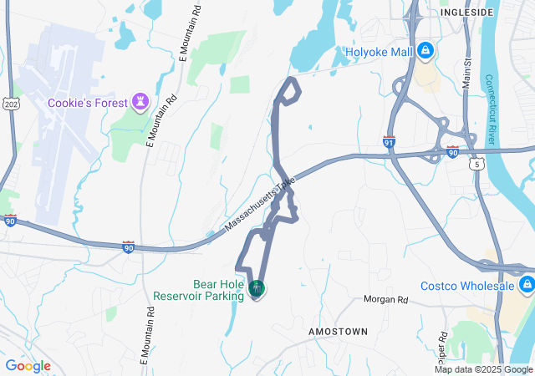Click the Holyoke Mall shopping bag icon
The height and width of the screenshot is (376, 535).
pos(425,52)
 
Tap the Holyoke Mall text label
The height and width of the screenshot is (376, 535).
pos(380,52)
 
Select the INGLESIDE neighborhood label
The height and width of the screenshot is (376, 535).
pos(466,13)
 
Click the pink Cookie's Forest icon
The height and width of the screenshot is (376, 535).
pos(140,103)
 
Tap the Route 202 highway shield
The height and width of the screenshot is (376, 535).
pos(10,104)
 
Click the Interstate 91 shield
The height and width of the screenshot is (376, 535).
pos(389,141)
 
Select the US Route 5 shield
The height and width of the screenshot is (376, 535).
pos(476,165)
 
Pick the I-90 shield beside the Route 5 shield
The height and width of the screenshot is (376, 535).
pos(452,152)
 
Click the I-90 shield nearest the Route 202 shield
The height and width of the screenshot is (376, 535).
pos(10,221)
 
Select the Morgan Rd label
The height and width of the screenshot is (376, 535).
pos(385,299)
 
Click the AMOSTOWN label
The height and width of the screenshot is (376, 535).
pos(338,332)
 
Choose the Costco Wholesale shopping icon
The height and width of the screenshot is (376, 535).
pos(526,287)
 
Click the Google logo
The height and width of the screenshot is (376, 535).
pos(28,366)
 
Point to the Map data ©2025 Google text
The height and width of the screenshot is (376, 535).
pos(483,369)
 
